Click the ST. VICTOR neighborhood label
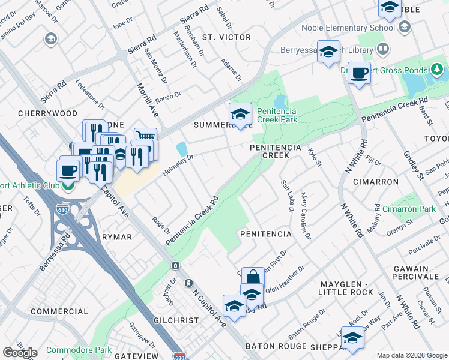(226, 37)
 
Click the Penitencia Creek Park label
(277, 115)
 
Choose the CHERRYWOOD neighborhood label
(39, 113)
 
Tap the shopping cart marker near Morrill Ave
(145, 137)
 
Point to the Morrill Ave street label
(146, 100)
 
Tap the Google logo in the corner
(20, 353)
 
